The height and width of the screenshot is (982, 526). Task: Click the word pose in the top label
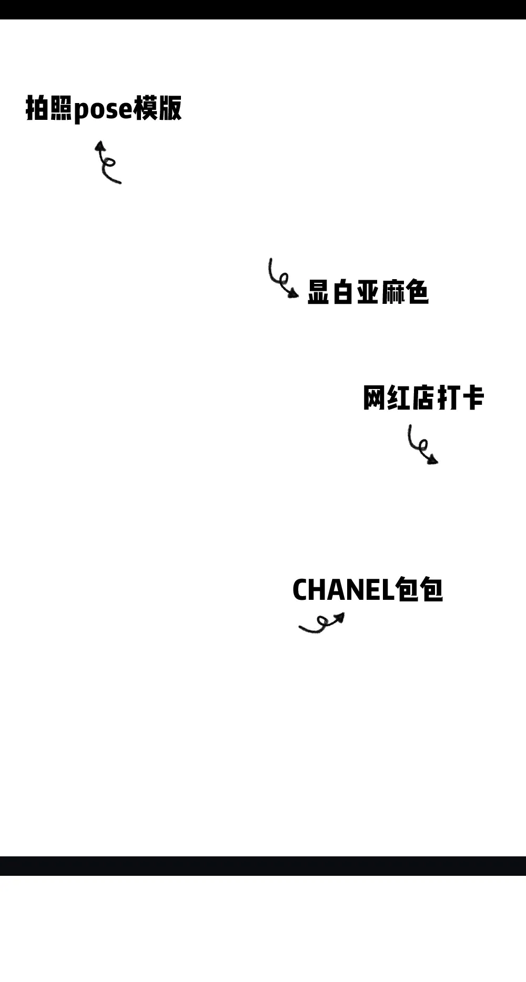click(x=103, y=109)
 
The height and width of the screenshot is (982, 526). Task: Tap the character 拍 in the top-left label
click(x=37, y=108)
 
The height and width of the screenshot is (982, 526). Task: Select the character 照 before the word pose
click(x=61, y=108)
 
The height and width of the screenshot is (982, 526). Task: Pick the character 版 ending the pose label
click(x=170, y=108)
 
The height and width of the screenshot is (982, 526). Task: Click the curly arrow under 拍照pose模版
click(x=107, y=162)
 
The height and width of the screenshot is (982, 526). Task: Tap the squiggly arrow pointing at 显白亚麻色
click(x=281, y=279)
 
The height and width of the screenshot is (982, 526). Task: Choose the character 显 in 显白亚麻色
click(x=318, y=292)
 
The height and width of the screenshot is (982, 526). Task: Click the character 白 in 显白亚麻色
click(x=342, y=292)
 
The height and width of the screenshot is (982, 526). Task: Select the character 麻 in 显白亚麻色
click(x=392, y=292)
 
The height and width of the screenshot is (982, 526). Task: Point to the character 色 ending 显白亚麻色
click(x=418, y=292)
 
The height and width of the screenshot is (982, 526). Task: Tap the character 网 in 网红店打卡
click(x=374, y=397)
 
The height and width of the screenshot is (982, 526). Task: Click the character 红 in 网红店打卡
click(x=398, y=397)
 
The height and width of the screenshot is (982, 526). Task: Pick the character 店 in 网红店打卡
click(x=423, y=397)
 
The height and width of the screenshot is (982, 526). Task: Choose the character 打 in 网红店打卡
click(x=448, y=397)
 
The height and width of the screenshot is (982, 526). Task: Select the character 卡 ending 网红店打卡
click(x=473, y=397)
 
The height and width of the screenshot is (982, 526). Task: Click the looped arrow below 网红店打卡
click(x=422, y=445)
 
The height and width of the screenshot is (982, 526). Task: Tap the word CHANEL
click(x=343, y=590)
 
